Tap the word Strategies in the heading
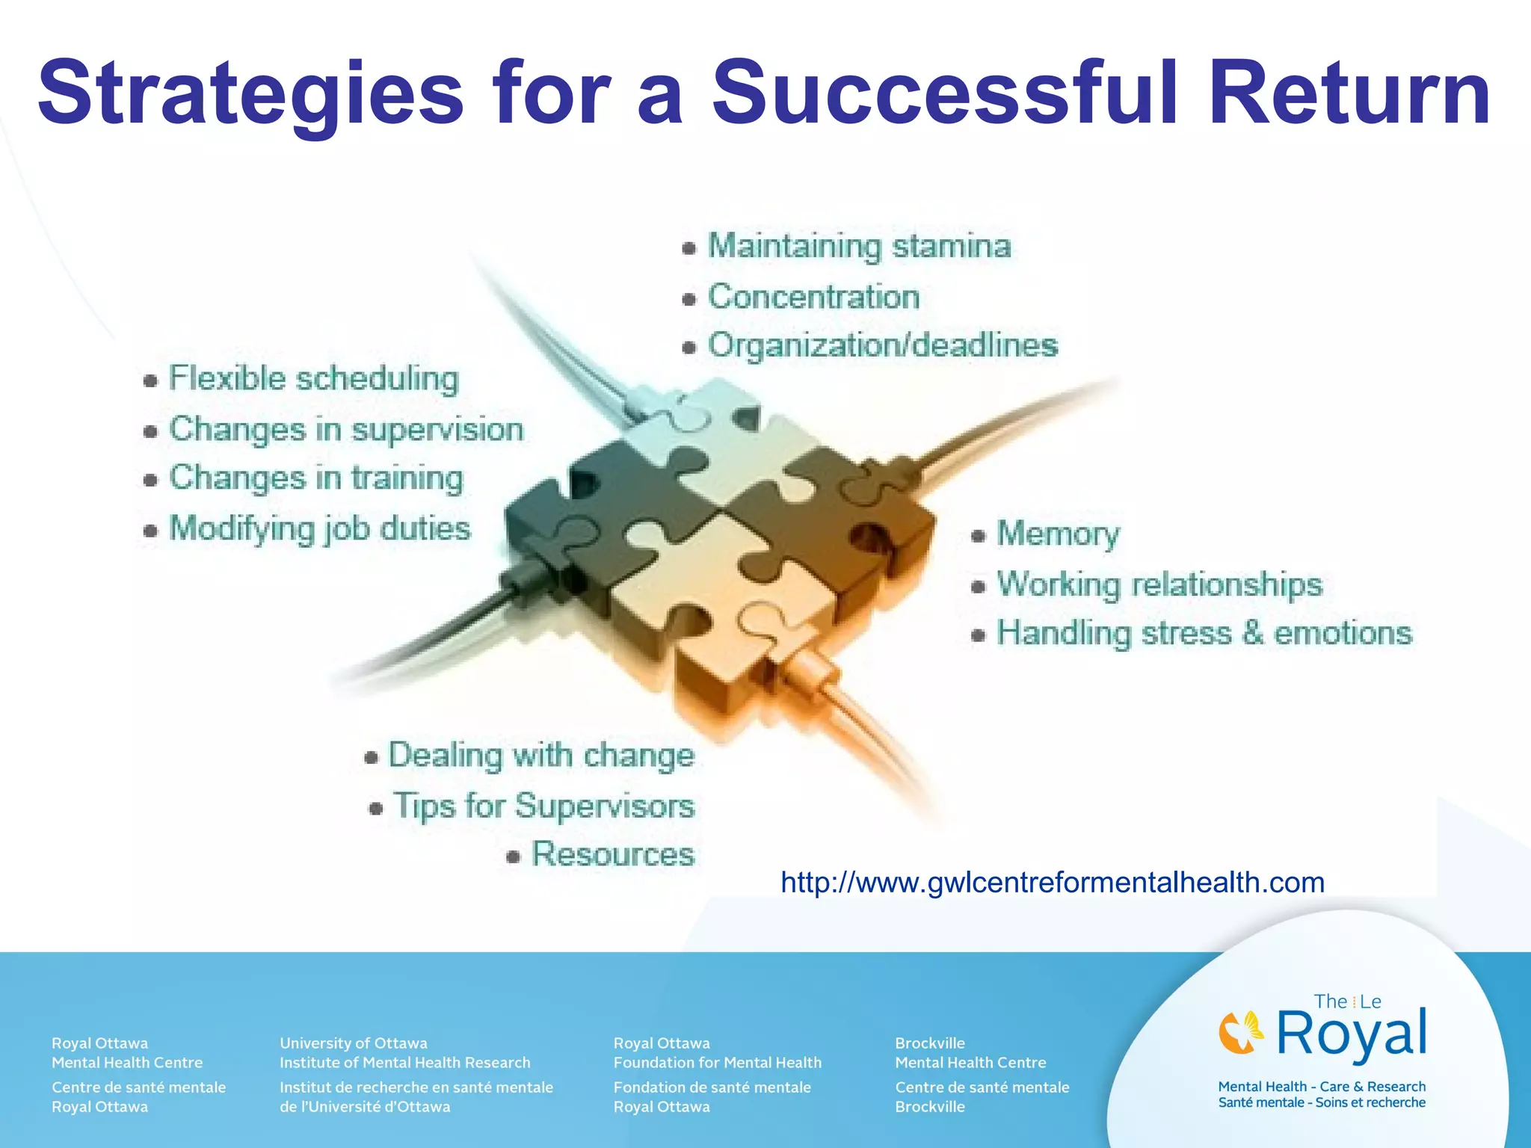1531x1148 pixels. [250, 96]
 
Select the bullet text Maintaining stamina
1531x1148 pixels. [859, 246]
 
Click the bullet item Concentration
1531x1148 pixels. [813, 297]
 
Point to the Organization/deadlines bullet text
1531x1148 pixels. [882, 345]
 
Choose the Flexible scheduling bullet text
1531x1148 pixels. [313, 378]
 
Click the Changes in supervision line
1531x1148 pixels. [345, 429]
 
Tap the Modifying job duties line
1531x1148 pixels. [319, 528]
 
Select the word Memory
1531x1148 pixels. [1058, 534]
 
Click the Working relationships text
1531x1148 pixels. [1159, 584]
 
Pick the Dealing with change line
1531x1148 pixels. [541, 755]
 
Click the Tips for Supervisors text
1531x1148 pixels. [544, 806]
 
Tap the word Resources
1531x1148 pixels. [612, 854]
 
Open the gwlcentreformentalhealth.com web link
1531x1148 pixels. [1052, 883]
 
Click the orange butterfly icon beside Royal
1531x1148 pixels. [1241, 1031]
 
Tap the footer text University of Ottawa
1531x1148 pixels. [353, 1043]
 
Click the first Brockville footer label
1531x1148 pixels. [929, 1043]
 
